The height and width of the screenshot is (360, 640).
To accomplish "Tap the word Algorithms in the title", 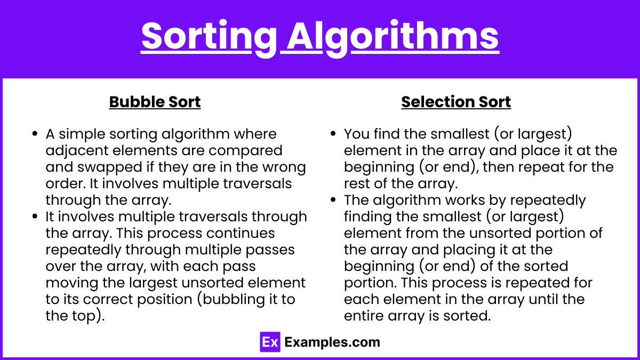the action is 393,38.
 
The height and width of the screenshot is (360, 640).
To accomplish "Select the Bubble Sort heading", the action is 155,102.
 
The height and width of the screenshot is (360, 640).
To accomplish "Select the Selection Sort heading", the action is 456,102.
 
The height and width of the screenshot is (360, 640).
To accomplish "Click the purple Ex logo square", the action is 270,342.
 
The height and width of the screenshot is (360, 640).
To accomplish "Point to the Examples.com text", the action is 332,342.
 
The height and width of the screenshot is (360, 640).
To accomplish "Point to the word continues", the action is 241,233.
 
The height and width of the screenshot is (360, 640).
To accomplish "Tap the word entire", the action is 363,316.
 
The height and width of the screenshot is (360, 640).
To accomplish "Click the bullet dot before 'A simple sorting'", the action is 35,134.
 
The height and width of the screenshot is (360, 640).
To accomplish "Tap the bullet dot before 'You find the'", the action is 333,134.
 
